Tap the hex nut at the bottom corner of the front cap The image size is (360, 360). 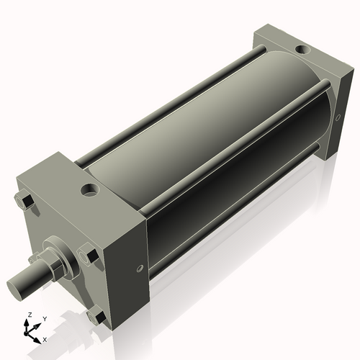click(x=96, y=317)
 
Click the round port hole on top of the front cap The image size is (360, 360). click(x=89, y=191)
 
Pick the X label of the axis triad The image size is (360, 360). click(x=45, y=338)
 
